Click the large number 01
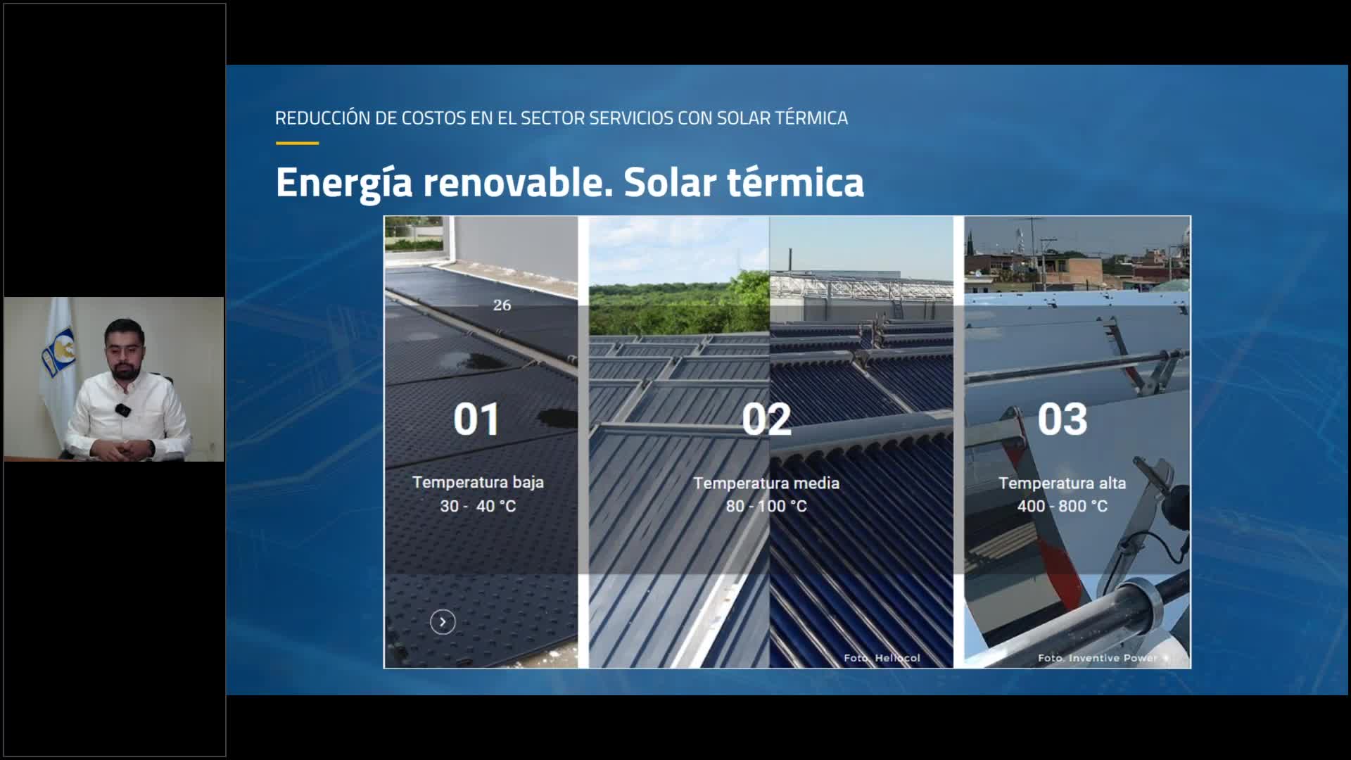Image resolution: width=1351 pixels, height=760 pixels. [476, 419]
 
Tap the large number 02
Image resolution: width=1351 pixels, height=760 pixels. [766, 419]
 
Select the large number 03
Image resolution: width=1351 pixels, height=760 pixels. [1063, 419]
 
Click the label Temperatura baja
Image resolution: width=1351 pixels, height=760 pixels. [478, 482]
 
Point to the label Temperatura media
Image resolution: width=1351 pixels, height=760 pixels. [766, 483]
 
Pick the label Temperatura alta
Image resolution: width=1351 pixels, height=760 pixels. [1063, 483]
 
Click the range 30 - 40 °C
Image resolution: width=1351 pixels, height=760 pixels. [478, 506]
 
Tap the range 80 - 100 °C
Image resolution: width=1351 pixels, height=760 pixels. [766, 506]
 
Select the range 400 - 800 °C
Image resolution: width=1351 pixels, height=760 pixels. [1063, 506]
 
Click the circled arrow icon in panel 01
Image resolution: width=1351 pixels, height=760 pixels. [443, 622]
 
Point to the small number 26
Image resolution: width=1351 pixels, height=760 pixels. [502, 305]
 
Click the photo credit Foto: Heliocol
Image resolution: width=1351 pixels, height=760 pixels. [882, 658]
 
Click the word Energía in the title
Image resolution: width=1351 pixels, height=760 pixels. [344, 184]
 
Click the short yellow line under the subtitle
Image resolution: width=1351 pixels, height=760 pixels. [297, 143]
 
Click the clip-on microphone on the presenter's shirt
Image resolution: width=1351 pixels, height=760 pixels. [122, 410]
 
